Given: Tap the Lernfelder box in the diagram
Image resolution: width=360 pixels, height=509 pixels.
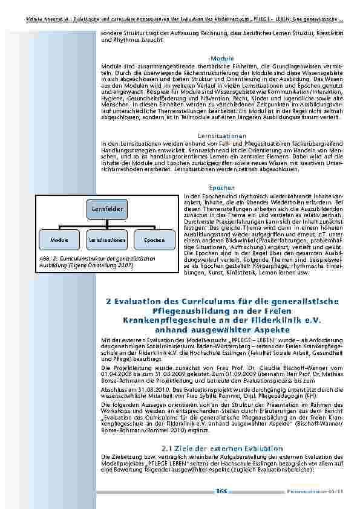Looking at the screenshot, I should (x=108, y=209).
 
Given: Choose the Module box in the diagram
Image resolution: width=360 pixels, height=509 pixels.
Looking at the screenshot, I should (x=59, y=240).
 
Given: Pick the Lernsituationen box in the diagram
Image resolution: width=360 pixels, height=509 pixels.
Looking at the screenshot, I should (x=107, y=240).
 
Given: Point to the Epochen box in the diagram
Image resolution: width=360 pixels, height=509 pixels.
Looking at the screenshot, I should (x=154, y=240).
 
